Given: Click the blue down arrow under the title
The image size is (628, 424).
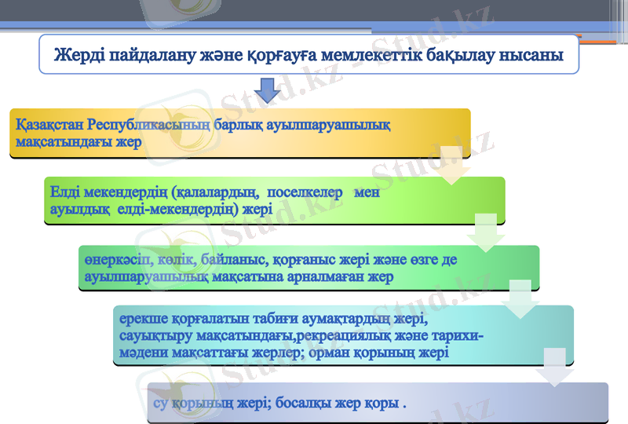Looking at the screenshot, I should (267, 92).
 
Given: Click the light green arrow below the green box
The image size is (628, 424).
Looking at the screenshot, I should (487, 232).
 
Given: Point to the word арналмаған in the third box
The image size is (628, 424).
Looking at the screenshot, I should (330, 277).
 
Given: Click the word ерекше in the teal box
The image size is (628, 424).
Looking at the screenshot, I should (142, 320).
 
